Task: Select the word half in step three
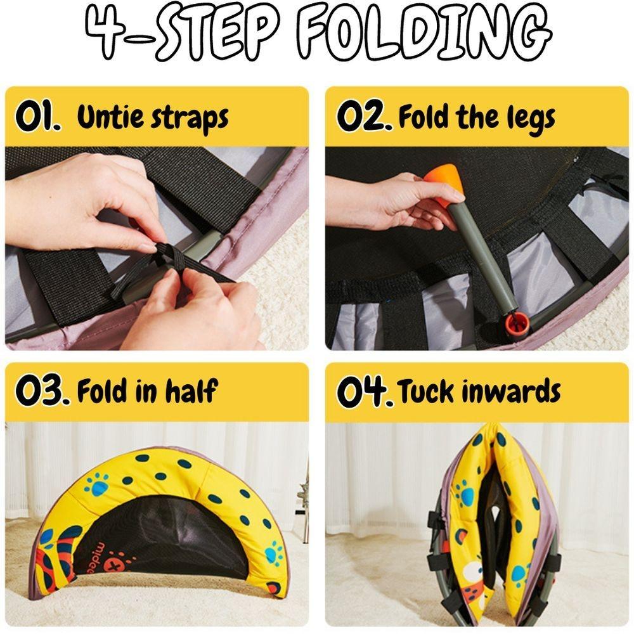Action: (x=191, y=392)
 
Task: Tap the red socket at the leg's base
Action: (x=517, y=319)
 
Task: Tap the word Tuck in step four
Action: (x=425, y=392)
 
